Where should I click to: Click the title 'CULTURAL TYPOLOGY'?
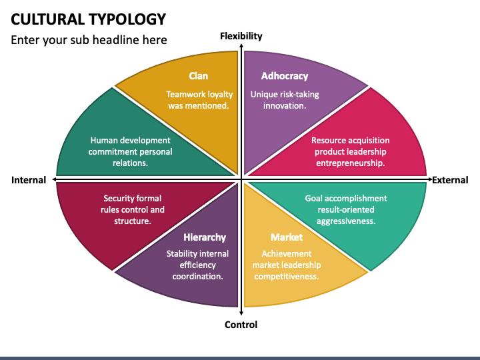[89, 18]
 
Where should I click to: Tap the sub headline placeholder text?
[89, 40]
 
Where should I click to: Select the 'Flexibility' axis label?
[241, 36]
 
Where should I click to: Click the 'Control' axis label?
[241, 325]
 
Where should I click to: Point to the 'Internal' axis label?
[29, 180]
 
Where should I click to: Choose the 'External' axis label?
[450, 180]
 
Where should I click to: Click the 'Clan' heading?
[198, 76]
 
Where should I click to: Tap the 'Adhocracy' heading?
[285, 76]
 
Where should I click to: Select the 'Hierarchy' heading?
[205, 237]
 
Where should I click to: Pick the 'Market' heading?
[287, 237]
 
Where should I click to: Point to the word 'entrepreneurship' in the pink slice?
[350, 163]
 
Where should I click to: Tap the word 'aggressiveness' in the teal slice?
[345, 221]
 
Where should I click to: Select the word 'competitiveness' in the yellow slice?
[287, 276]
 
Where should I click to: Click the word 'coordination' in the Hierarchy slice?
[197, 276]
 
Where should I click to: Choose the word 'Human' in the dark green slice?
[105, 141]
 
